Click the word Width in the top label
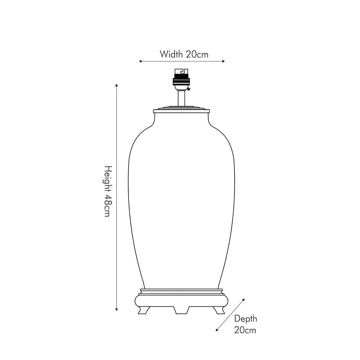pyautogui.click(x=171, y=54)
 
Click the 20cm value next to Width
pyautogui.click(x=197, y=54)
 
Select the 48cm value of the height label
pyautogui.click(x=107, y=206)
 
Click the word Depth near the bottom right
pyautogui.click(x=246, y=319)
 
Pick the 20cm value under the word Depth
pyautogui.click(x=245, y=330)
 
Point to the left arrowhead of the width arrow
pyautogui.click(x=140, y=61)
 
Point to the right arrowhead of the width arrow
pyautogui.click(x=224, y=61)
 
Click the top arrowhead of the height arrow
pyautogui.click(x=117, y=85)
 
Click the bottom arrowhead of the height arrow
pyautogui.click(x=117, y=310)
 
